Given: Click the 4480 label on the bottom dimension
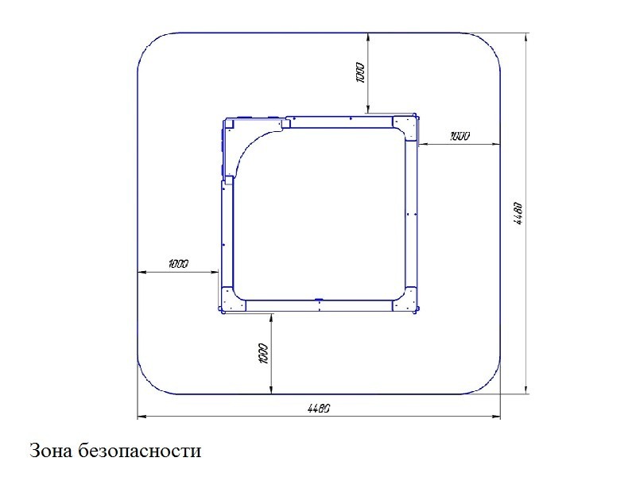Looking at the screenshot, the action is (x=319, y=408).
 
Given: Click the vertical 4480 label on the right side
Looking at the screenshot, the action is (x=518, y=214).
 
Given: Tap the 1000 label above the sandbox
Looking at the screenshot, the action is (x=360, y=72).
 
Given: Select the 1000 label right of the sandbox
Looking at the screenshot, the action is (x=460, y=136).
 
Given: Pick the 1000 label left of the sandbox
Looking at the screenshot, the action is (x=178, y=264).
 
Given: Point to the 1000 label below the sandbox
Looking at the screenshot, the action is (x=263, y=354).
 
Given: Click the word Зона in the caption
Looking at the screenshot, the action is (x=51, y=451).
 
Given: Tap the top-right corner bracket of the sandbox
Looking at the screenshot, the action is (x=405, y=128).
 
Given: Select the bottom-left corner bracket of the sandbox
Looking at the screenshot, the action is (x=233, y=300).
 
